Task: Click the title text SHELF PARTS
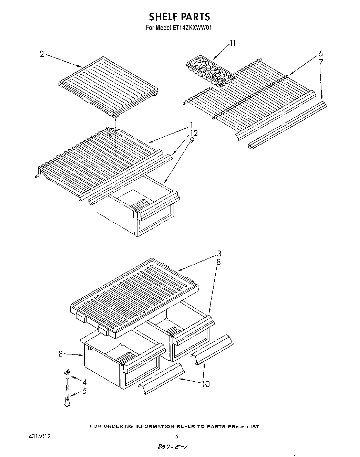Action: [x=179, y=17]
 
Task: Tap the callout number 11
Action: [x=233, y=43]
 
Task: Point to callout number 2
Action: [x=42, y=54]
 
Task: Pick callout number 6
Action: [x=320, y=54]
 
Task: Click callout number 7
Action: [x=321, y=62]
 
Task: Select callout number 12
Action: [x=193, y=133]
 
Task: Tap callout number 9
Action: [x=192, y=140]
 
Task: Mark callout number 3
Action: [x=219, y=254]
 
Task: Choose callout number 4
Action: [x=84, y=382]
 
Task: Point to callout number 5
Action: [x=84, y=391]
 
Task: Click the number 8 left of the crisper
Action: [x=61, y=353]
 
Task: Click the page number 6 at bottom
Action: [x=176, y=437]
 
